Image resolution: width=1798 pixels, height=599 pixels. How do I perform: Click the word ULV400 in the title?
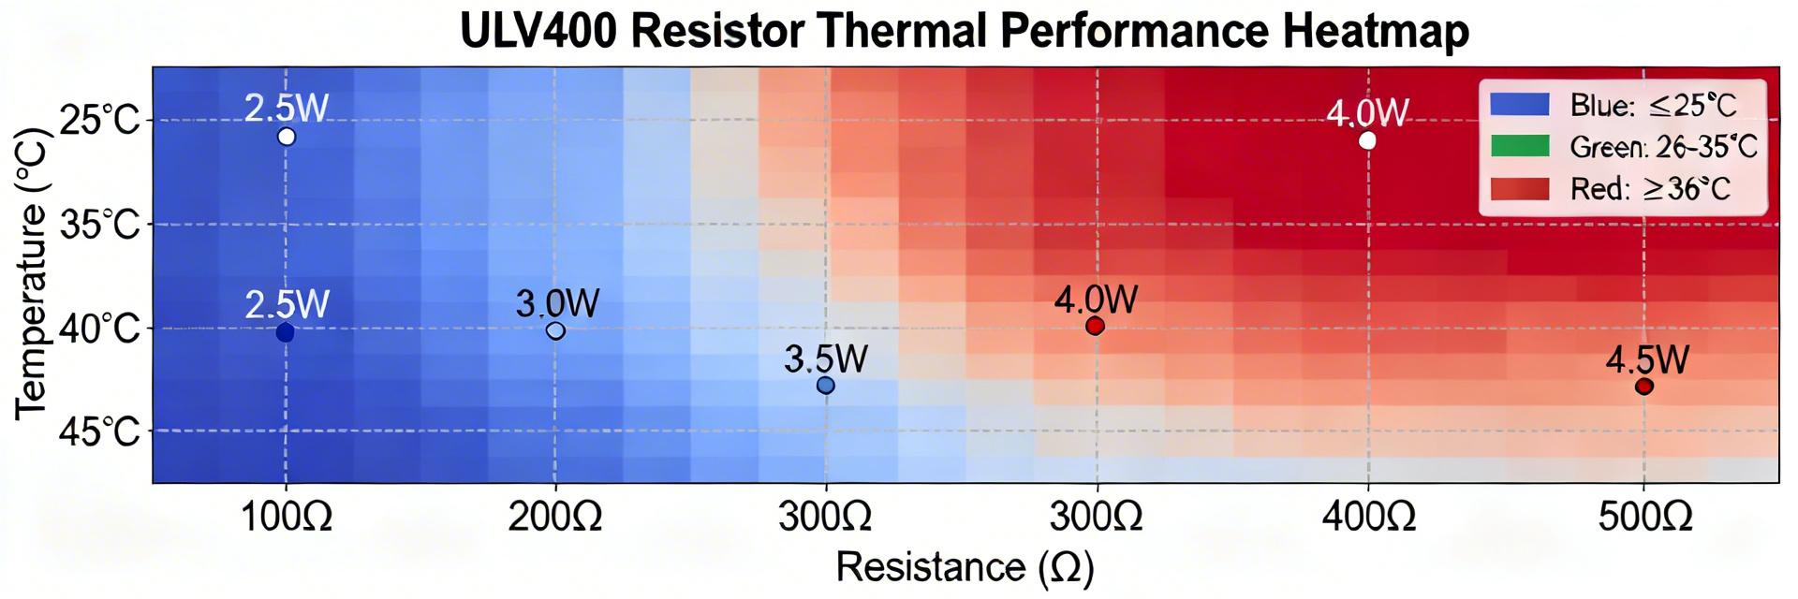click(x=538, y=31)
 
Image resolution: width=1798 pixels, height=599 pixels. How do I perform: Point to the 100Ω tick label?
click(x=286, y=517)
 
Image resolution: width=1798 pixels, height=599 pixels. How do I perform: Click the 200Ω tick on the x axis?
click(x=555, y=517)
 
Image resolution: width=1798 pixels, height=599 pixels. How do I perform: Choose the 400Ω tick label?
click(x=1368, y=517)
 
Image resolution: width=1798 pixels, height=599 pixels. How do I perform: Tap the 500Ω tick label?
click(x=1643, y=517)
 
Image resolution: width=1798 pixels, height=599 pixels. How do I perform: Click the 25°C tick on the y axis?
click(x=98, y=121)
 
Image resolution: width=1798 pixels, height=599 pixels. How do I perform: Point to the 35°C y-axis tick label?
click(x=98, y=226)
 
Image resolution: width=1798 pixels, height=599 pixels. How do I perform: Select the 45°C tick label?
click(x=98, y=433)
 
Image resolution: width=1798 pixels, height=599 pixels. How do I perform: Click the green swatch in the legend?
click(x=1520, y=146)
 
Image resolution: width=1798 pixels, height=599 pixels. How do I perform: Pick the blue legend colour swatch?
click(x=1520, y=104)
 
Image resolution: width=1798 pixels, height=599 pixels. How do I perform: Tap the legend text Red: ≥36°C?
click(x=1650, y=189)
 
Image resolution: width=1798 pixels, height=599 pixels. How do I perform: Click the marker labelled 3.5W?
click(x=825, y=385)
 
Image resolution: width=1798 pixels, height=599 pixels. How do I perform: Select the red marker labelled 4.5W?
click(x=1643, y=386)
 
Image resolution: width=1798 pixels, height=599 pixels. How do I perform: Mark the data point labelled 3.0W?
click(x=555, y=330)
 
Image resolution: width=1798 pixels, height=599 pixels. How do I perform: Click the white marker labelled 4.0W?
click(x=1367, y=140)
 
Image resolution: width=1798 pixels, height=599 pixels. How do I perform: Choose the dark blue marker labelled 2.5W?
click(x=286, y=331)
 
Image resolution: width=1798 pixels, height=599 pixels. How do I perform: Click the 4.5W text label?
click(x=1647, y=360)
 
